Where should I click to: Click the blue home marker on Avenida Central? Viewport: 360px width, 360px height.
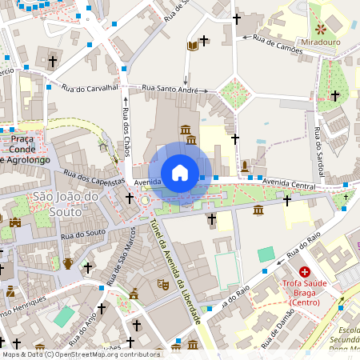[x=180, y=173]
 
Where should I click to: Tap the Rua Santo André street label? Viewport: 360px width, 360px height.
[x=170, y=89]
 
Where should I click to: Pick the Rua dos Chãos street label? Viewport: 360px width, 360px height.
[x=126, y=133]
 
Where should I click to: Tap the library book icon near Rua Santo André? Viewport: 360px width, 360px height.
[x=192, y=46]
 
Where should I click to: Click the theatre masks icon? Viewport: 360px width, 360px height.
[x=162, y=283]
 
